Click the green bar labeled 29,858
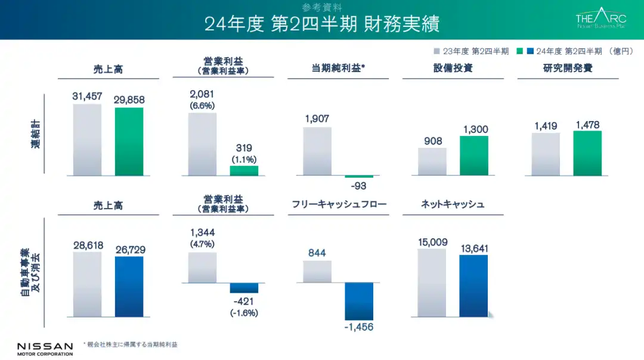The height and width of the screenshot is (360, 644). click(x=129, y=142)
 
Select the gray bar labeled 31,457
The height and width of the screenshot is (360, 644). click(x=87, y=140)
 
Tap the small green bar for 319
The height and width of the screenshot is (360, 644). click(x=244, y=170)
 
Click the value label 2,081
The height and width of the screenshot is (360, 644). click(x=202, y=94)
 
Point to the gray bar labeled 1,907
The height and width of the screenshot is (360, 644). click(x=317, y=151)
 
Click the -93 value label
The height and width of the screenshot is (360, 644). click(x=358, y=186)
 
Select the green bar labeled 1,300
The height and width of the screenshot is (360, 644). click(x=473, y=156)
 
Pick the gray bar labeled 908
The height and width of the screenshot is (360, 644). click(x=432, y=162)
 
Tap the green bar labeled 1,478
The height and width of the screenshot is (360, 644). click(x=587, y=153)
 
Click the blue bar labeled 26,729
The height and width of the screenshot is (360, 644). click(x=129, y=286)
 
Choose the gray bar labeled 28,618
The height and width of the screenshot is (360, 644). click(x=87, y=284)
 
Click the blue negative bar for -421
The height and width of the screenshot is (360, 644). click(x=244, y=287)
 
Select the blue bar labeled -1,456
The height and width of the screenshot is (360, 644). click(x=358, y=301)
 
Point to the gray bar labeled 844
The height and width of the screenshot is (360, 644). click(x=317, y=271)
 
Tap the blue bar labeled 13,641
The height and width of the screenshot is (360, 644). click(x=473, y=285)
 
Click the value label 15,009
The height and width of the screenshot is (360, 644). click(x=432, y=241)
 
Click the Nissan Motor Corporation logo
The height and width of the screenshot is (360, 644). click(x=45, y=349)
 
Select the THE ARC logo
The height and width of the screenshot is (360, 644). click(x=600, y=19)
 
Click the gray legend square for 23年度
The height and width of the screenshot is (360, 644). click(x=437, y=51)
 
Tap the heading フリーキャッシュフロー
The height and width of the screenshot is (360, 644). click(x=339, y=204)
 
